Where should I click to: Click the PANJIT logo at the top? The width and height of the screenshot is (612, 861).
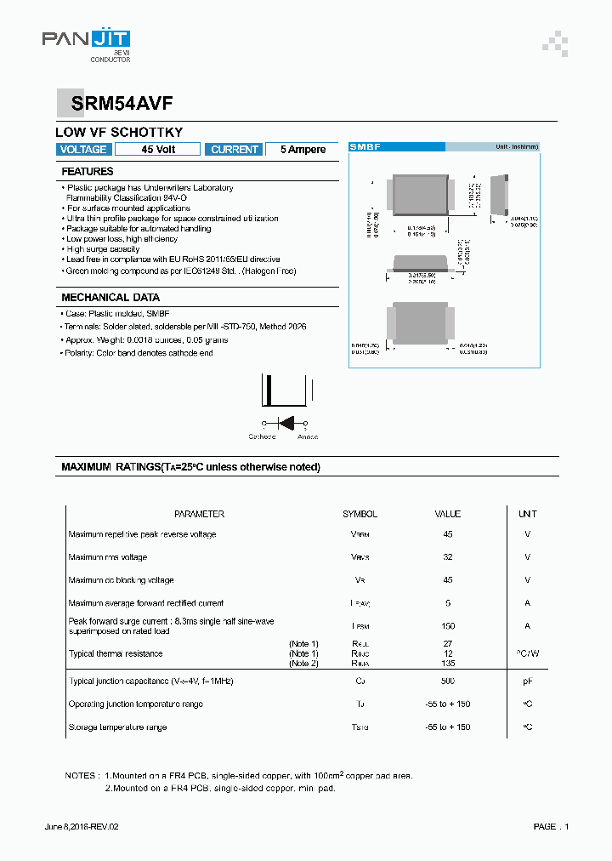pos(87,39)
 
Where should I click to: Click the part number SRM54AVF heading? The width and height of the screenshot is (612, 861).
pos(116,102)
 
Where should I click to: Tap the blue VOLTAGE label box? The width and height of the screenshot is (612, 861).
pos(83,150)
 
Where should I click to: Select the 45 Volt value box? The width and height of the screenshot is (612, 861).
pos(157,150)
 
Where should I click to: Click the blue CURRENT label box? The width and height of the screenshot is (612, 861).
pos(235,150)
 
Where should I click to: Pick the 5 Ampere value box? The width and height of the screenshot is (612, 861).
pos(303,150)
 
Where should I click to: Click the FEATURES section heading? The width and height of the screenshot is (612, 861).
pos(88,172)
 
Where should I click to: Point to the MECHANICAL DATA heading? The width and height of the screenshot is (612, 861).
pos(110,298)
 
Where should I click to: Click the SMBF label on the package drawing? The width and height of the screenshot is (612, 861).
pos(365,147)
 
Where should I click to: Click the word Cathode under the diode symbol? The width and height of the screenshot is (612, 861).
pos(262,436)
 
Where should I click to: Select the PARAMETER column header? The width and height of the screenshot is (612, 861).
pos(199,514)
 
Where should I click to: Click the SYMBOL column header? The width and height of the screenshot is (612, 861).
pos(360,514)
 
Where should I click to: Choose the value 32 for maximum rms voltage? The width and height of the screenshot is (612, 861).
pos(448,557)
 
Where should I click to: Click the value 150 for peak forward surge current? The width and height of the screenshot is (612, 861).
pos(448,625)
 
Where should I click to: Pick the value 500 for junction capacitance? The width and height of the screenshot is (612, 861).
pos(448,681)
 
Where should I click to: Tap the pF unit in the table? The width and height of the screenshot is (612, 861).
pos(527,681)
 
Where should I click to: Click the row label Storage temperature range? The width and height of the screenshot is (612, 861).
pos(117,727)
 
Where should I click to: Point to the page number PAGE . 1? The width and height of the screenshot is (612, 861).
pos(551,827)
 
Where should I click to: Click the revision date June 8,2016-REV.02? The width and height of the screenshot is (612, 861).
pos(82,827)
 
